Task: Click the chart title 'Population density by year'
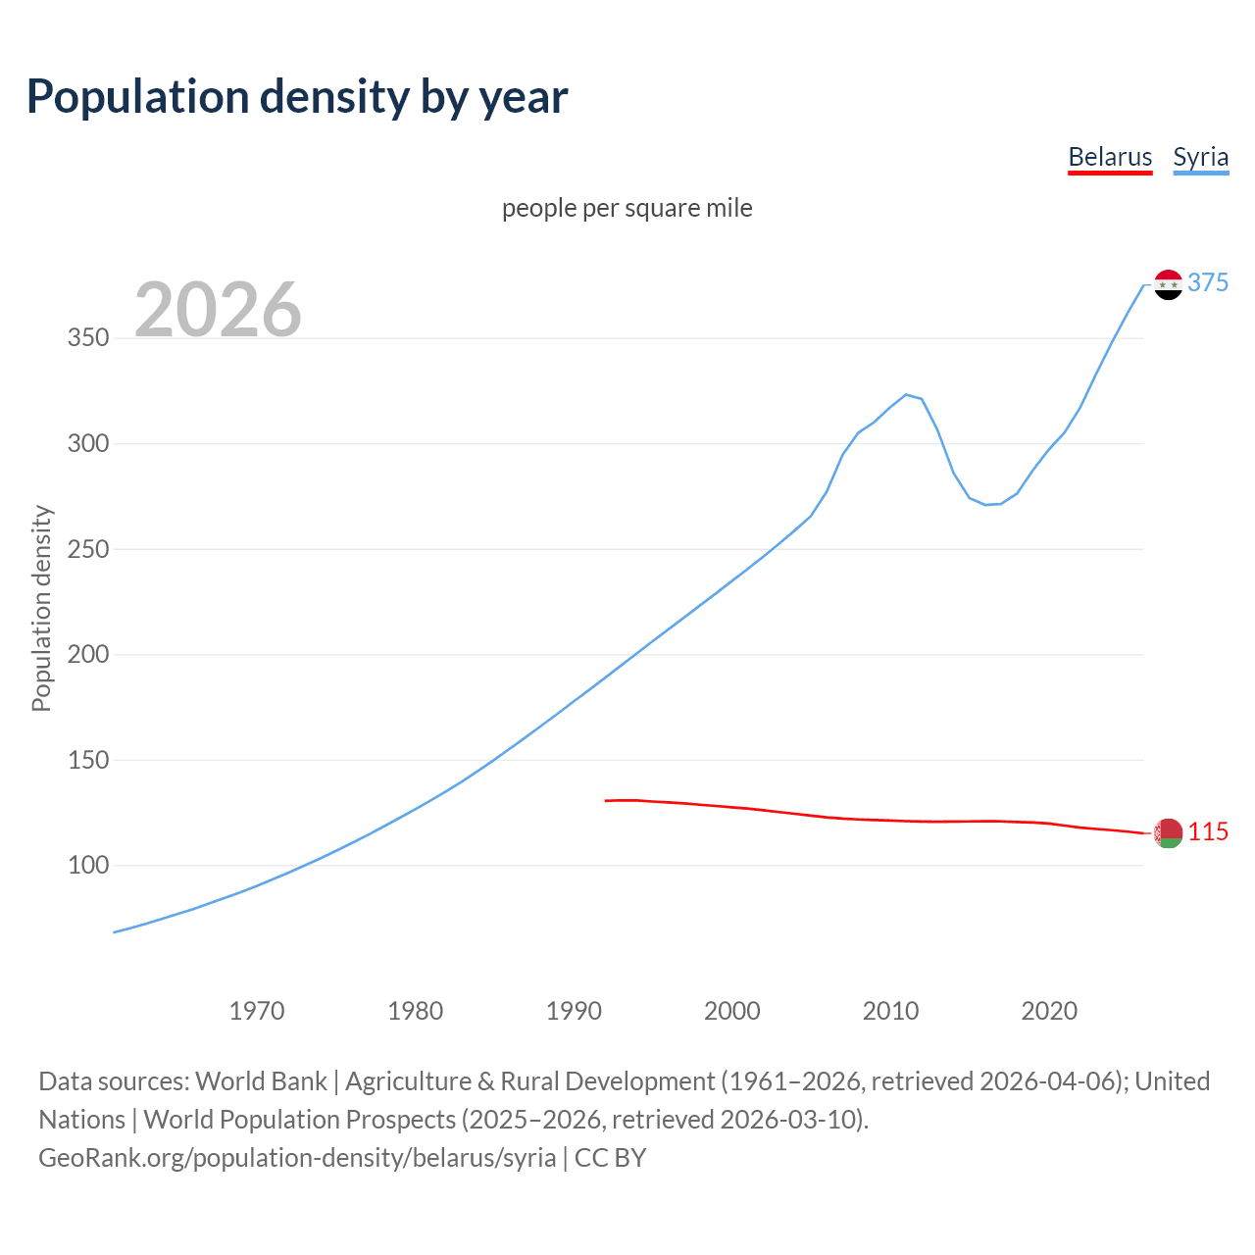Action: coord(297,96)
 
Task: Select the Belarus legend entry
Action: coord(1110,157)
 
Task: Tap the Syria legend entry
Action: coord(1200,157)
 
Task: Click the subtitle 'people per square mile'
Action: coord(627,208)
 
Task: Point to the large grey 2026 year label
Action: coord(218,310)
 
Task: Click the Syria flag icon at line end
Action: coord(1168,284)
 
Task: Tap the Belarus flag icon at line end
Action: coord(1168,832)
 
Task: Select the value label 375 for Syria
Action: coord(1208,282)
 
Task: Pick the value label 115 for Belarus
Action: coord(1208,831)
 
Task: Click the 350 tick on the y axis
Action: coord(88,338)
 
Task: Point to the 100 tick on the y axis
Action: coord(88,866)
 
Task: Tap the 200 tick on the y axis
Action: coord(88,654)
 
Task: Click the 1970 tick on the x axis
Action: coord(257,1010)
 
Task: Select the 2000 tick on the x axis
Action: coord(732,1010)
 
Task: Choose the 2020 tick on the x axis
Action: coord(1049,1010)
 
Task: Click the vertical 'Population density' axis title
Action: coord(41,608)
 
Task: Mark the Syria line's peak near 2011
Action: coord(906,394)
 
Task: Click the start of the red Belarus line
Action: coord(607,801)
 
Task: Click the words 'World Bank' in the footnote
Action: coord(261,1080)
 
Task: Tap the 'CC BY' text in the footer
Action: coord(610,1157)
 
